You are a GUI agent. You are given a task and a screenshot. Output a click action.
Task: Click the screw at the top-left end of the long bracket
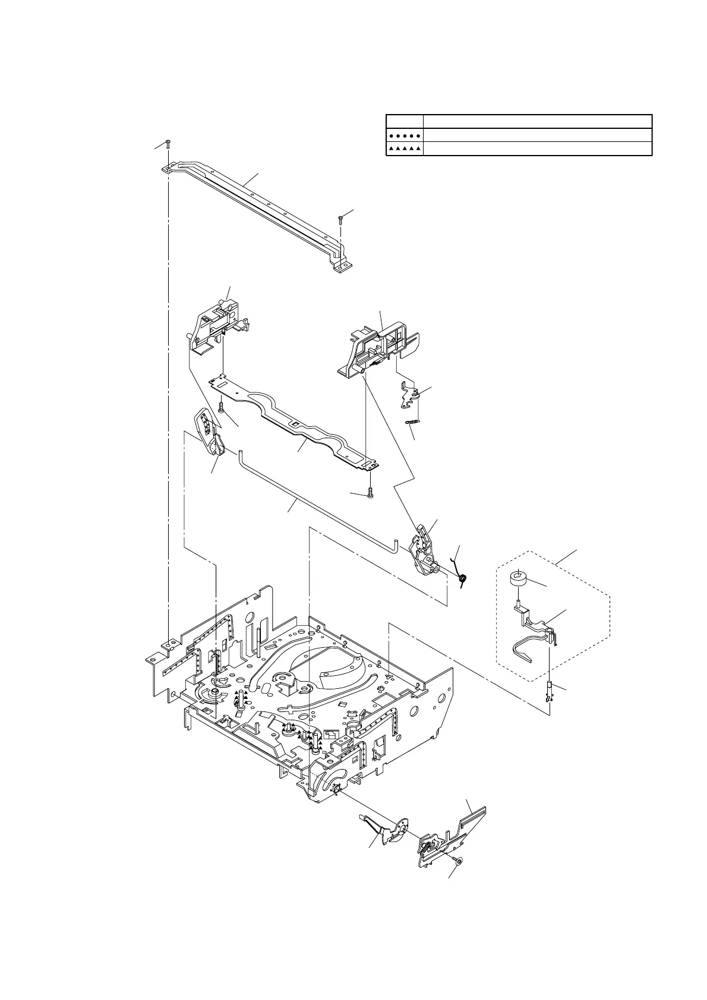pyautogui.click(x=169, y=143)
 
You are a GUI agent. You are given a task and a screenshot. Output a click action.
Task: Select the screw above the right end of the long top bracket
pyautogui.click(x=340, y=219)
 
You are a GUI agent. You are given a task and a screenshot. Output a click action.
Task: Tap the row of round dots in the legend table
pyautogui.click(x=405, y=135)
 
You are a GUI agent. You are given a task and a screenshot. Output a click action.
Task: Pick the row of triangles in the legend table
pyautogui.click(x=405, y=149)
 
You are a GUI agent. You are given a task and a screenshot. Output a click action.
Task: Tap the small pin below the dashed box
pyautogui.click(x=550, y=692)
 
